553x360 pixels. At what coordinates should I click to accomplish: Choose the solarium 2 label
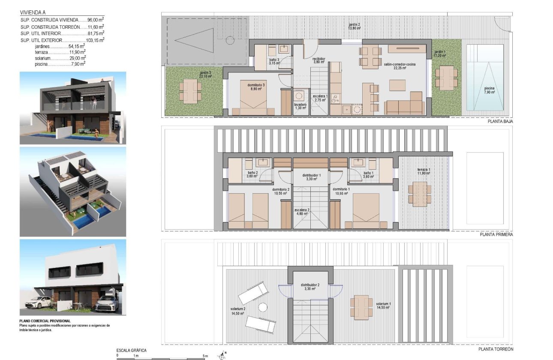point(237,311)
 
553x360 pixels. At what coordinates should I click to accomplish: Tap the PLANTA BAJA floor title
point(500,121)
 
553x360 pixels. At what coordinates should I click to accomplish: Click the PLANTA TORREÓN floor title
point(496,349)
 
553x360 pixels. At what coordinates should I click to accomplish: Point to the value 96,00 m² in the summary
point(96,20)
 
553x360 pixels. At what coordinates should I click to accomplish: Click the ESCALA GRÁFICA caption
point(131,350)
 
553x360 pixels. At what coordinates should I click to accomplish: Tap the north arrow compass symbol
point(222,355)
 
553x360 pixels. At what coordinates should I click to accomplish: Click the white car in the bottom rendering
point(39,303)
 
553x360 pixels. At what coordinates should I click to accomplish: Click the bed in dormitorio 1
point(366,210)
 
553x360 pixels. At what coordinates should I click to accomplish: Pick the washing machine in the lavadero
point(299,95)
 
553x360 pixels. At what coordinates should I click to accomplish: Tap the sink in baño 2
point(262,162)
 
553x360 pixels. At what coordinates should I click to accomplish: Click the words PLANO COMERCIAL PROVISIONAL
point(45,321)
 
